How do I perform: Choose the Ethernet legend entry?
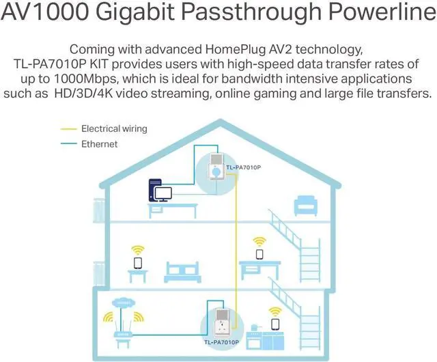tap(100, 144)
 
